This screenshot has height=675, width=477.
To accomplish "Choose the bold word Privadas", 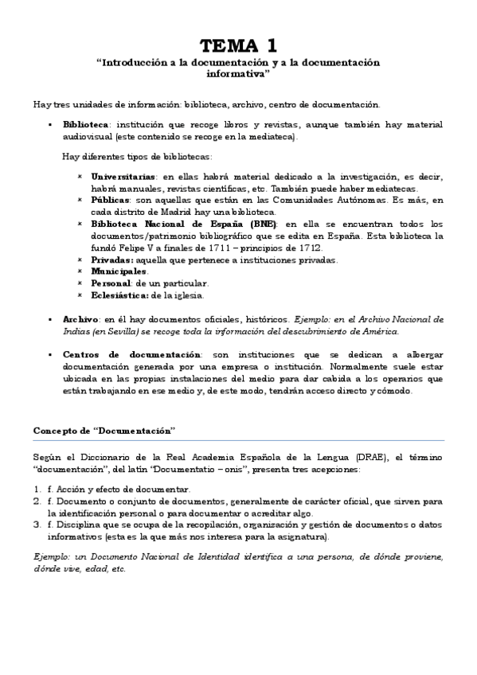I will (112, 259).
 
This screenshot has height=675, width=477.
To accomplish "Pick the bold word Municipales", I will (119, 271).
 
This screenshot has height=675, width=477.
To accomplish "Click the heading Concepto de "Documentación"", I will (104, 430).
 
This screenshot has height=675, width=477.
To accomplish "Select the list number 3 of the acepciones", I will (37, 525).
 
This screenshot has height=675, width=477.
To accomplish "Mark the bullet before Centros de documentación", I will (50, 354).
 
